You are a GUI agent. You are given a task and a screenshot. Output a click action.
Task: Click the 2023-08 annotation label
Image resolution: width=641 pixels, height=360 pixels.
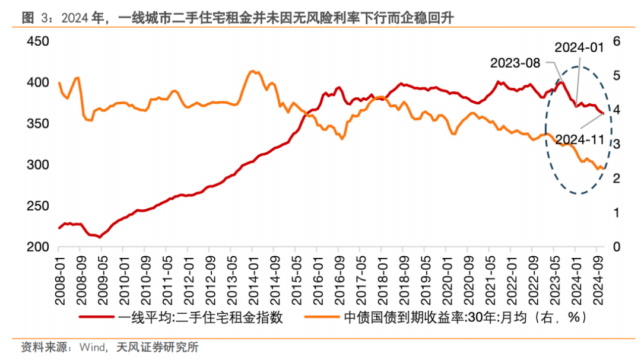click(x=515, y=63)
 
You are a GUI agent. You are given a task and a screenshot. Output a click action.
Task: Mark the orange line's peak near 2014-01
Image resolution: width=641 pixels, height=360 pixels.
click(x=252, y=71)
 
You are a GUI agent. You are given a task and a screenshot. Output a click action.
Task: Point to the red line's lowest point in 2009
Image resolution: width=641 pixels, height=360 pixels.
click(x=99, y=237)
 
